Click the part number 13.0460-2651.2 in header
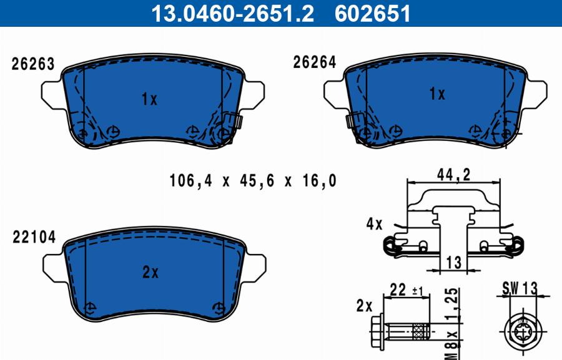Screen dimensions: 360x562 click(233, 13)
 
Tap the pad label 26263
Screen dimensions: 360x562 click(33, 64)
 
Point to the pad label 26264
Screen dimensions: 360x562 click(315, 62)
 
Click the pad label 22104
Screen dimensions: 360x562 click(33, 237)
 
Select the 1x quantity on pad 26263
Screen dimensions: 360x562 click(149, 99)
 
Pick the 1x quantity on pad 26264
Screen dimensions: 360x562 click(437, 94)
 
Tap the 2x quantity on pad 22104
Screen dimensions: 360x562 click(150, 272)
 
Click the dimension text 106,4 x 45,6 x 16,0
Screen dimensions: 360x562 click(253, 181)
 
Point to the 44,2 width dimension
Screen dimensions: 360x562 click(453, 176)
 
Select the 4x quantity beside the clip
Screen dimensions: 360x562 click(374, 224)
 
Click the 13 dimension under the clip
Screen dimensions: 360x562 click(455, 263)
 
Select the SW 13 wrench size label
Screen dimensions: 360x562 click(519, 288)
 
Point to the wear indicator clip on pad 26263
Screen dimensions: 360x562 click(234, 120)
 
